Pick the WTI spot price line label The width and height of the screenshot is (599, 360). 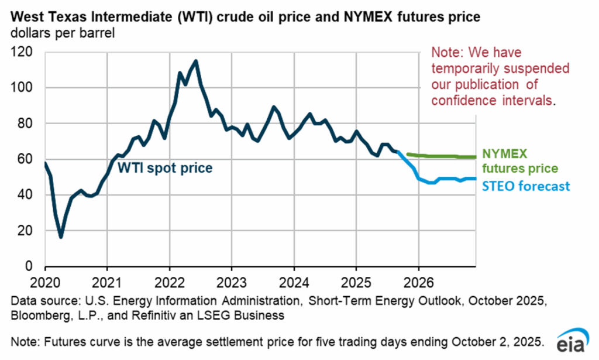coord(165,169)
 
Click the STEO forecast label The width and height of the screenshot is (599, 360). coord(526,187)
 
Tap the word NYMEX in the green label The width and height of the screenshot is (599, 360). coord(505,153)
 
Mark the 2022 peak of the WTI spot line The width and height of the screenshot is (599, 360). coord(195,60)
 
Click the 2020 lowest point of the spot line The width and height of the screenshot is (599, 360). coord(61,237)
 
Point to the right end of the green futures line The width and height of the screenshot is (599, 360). coord(475,157)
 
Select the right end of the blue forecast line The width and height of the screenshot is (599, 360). coord(475,179)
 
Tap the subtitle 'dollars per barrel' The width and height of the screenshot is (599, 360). coord(62,33)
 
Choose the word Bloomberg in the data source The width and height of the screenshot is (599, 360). coord(37,316)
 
